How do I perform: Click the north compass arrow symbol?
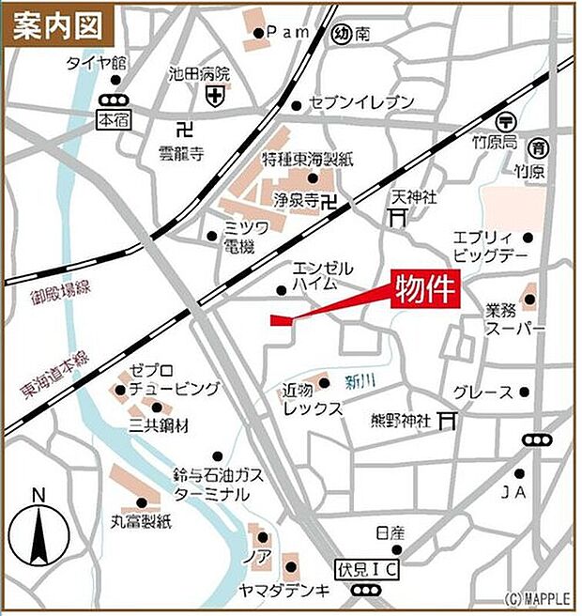click(38, 534)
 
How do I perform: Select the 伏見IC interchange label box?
click(366, 569)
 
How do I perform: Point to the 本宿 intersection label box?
click(112, 120)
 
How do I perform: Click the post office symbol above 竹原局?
click(506, 121)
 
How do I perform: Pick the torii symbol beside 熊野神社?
click(449, 420)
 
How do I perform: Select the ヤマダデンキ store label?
click(298, 590)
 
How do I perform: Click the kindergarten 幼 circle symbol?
click(342, 35)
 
